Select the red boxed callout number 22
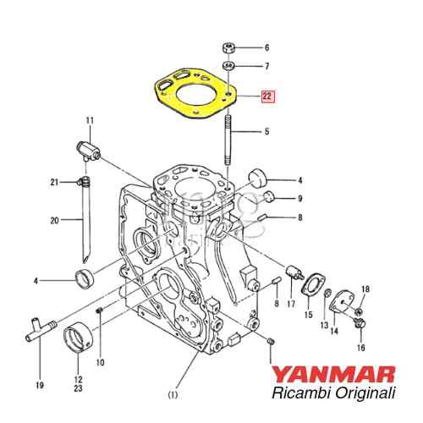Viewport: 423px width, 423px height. tap(267, 97)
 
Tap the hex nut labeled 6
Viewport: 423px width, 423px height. tap(228, 48)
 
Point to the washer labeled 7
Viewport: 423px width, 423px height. tap(228, 65)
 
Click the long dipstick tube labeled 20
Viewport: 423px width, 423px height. tap(85, 228)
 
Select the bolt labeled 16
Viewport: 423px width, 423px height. tap(361, 322)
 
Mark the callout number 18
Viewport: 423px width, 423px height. tap(365, 290)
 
